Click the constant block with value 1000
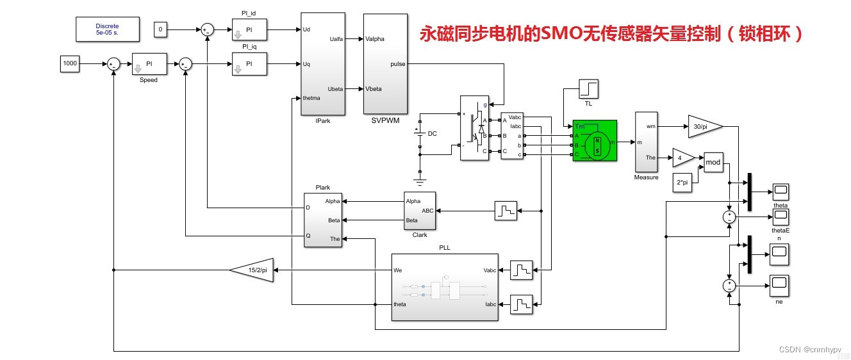(x=70, y=63)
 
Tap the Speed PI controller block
(x=149, y=64)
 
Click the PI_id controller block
(x=249, y=29)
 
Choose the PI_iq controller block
(x=249, y=64)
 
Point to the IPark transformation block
(x=323, y=63)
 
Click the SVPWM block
(x=385, y=63)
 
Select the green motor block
(x=595, y=140)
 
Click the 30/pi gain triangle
(x=704, y=126)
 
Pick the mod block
(x=713, y=163)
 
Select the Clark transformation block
(x=419, y=210)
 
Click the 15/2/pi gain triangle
(x=253, y=270)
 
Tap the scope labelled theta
(x=780, y=192)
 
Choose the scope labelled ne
(x=779, y=284)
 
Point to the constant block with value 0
(x=161, y=29)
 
